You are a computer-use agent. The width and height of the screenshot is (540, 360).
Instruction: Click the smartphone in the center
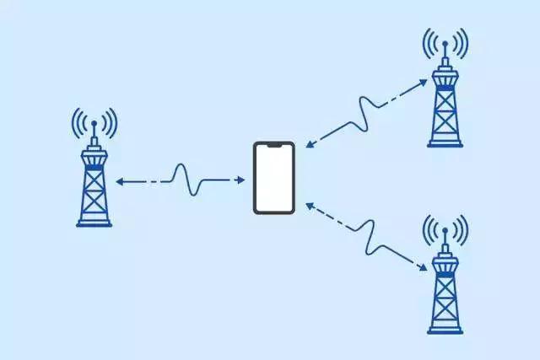click(x=273, y=178)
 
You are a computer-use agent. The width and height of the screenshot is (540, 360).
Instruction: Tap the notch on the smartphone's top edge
click(x=273, y=146)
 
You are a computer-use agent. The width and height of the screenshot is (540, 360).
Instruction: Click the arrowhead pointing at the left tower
click(x=119, y=181)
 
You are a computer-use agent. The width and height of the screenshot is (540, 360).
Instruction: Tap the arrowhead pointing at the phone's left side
click(x=244, y=180)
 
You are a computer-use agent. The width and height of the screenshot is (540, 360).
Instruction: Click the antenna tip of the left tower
click(x=94, y=124)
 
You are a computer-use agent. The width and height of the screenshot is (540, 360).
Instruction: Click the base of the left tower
click(x=94, y=223)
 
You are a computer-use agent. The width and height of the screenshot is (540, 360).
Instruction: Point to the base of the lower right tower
click(x=445, y=330)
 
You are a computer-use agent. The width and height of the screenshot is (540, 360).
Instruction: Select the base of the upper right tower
click(x=445, y=144)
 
